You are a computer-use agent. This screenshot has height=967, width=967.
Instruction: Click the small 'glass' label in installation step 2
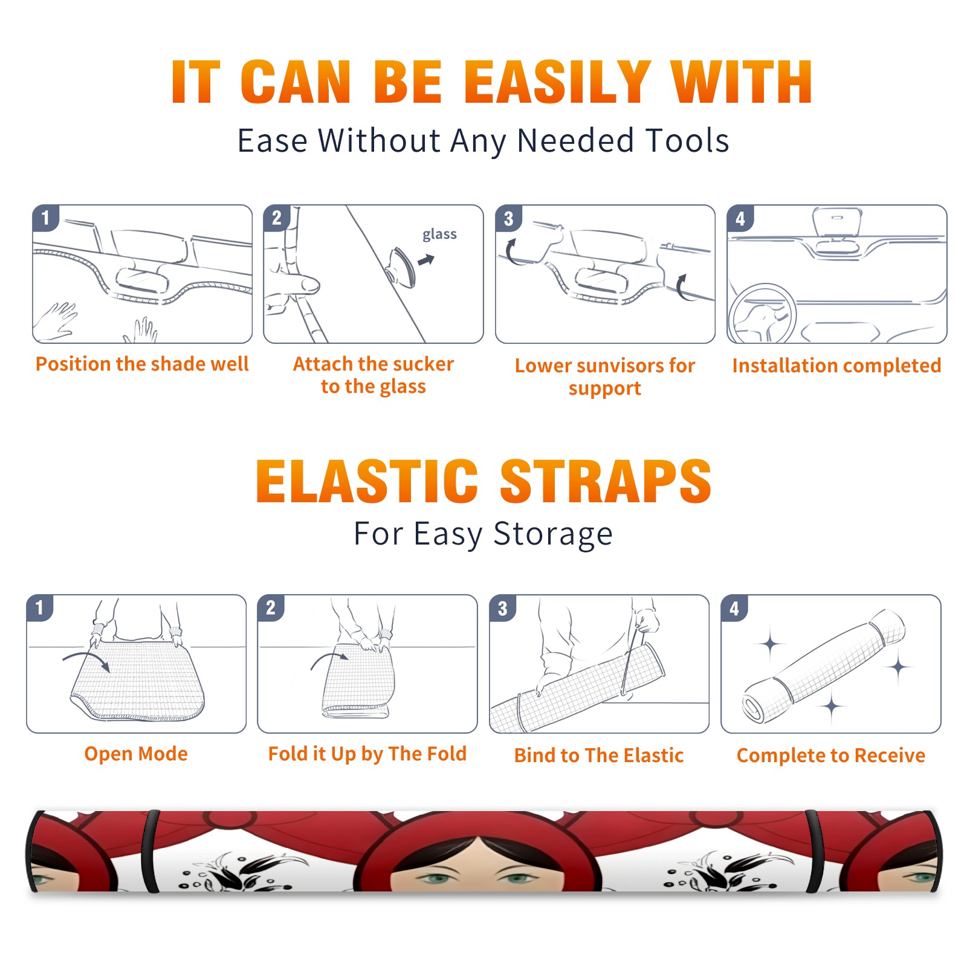439,234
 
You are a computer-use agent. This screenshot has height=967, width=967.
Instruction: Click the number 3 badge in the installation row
509,218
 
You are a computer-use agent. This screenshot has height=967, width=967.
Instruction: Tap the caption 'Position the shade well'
142,364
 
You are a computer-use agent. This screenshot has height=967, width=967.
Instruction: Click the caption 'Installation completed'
836,365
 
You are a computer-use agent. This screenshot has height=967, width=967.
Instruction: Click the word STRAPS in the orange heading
606,481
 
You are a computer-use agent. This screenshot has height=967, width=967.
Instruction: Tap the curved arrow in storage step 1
86,659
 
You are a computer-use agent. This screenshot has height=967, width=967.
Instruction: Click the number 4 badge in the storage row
734,608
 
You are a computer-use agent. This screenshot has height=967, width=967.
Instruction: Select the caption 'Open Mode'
136,754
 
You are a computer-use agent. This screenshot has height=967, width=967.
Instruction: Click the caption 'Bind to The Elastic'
598,755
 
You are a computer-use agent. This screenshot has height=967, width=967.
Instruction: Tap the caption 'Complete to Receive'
830,755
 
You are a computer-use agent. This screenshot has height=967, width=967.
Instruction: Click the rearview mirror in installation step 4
836,222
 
